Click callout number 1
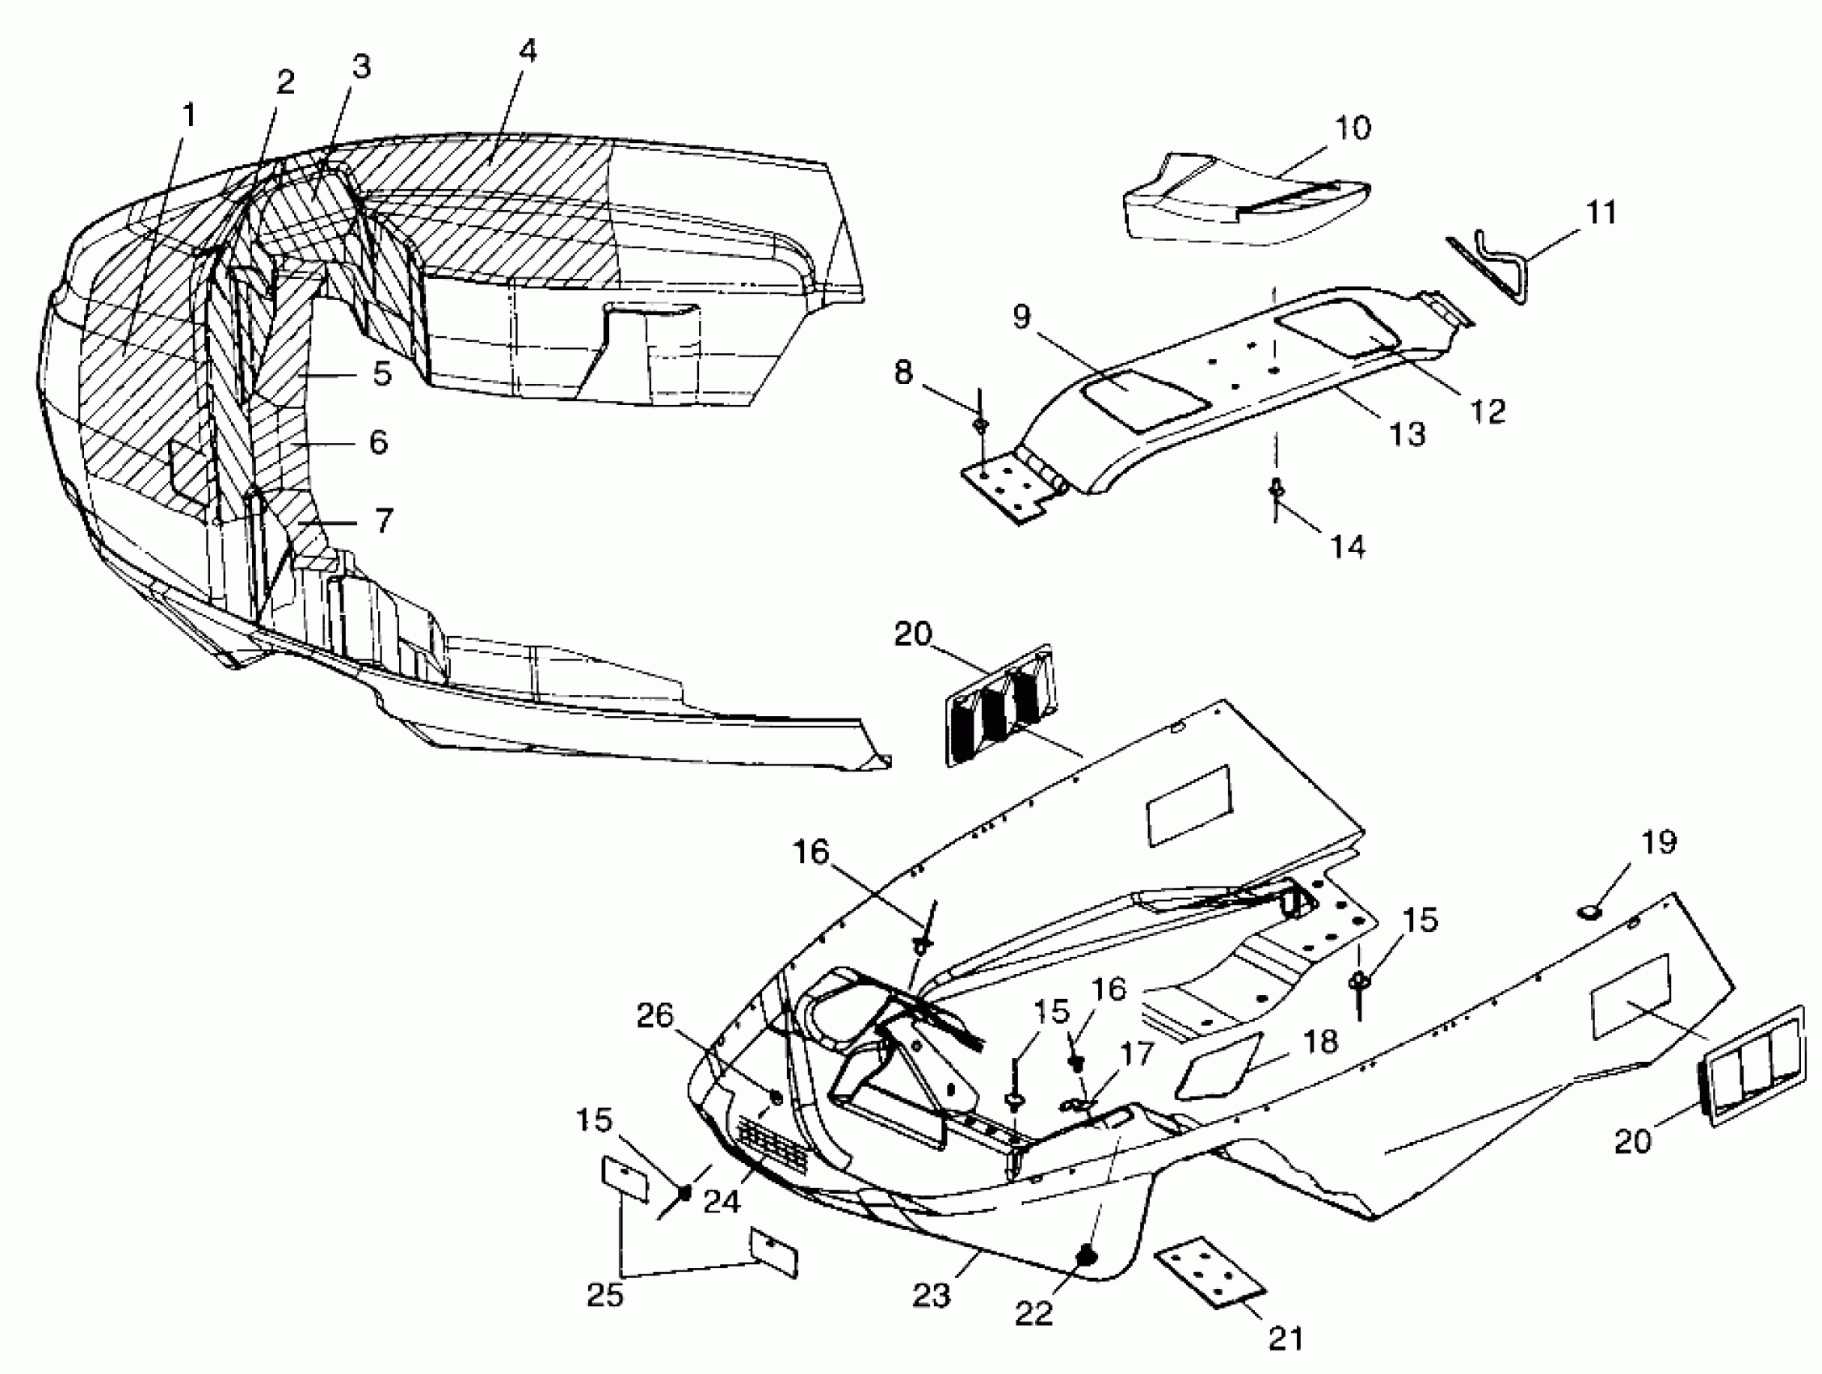189,116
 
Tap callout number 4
528,51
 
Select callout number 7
384,521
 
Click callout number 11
1601,213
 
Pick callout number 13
1407,433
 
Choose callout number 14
1348,546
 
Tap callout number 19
1658,842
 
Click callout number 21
1285,1338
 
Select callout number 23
932,1296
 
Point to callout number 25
604,1296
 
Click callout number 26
654,1017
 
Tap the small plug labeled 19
1588,911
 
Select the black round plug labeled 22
1086,1255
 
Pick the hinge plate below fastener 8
1007,491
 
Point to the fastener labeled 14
1275,491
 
